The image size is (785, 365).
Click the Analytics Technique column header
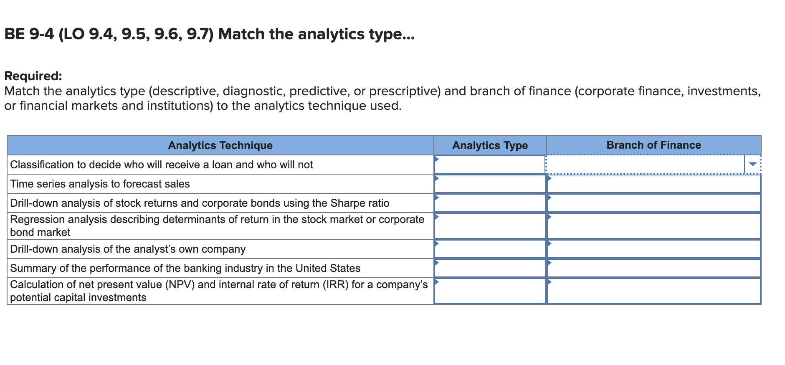tap(220, 145)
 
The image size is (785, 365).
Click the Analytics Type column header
tap(490, 145)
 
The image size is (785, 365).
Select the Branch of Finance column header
tap(653, 145)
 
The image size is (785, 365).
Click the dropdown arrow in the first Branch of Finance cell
tap(752, 164)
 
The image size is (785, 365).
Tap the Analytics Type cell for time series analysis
tap(490, 184)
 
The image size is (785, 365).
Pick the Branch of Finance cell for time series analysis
tap(653, 184)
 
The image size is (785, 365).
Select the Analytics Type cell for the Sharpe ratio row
tap(490, 203)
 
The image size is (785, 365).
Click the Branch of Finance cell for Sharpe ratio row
tap(653, 203)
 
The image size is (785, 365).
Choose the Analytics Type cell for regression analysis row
tap(490, 226)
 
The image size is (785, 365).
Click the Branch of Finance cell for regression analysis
tap(653, 226)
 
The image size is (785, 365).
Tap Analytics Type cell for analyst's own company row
tap(490, 249)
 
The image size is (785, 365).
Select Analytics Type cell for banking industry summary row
tap(490, 268)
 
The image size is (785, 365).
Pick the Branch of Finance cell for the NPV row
tap(653, 291)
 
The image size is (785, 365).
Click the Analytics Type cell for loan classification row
tap(490, 165)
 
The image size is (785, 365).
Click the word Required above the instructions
tap(33, 76)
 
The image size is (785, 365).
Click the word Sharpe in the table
tap(345, 203)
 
